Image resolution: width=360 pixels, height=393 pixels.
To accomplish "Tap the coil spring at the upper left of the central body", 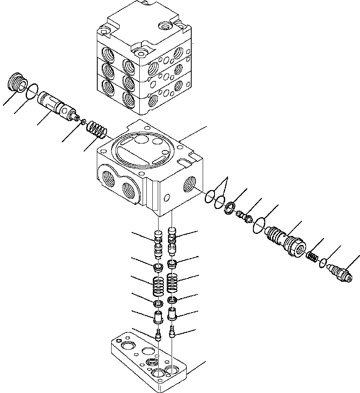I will click(98, 128).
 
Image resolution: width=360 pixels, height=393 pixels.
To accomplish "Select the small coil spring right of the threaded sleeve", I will click(313, 257).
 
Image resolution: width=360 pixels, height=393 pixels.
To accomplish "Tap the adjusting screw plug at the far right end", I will click(340, 273).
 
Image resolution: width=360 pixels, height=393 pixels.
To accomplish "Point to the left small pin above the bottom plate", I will click(158, 335).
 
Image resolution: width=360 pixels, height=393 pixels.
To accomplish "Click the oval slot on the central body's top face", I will click(157, 158).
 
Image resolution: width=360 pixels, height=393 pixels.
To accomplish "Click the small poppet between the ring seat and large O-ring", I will click(244, 216).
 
